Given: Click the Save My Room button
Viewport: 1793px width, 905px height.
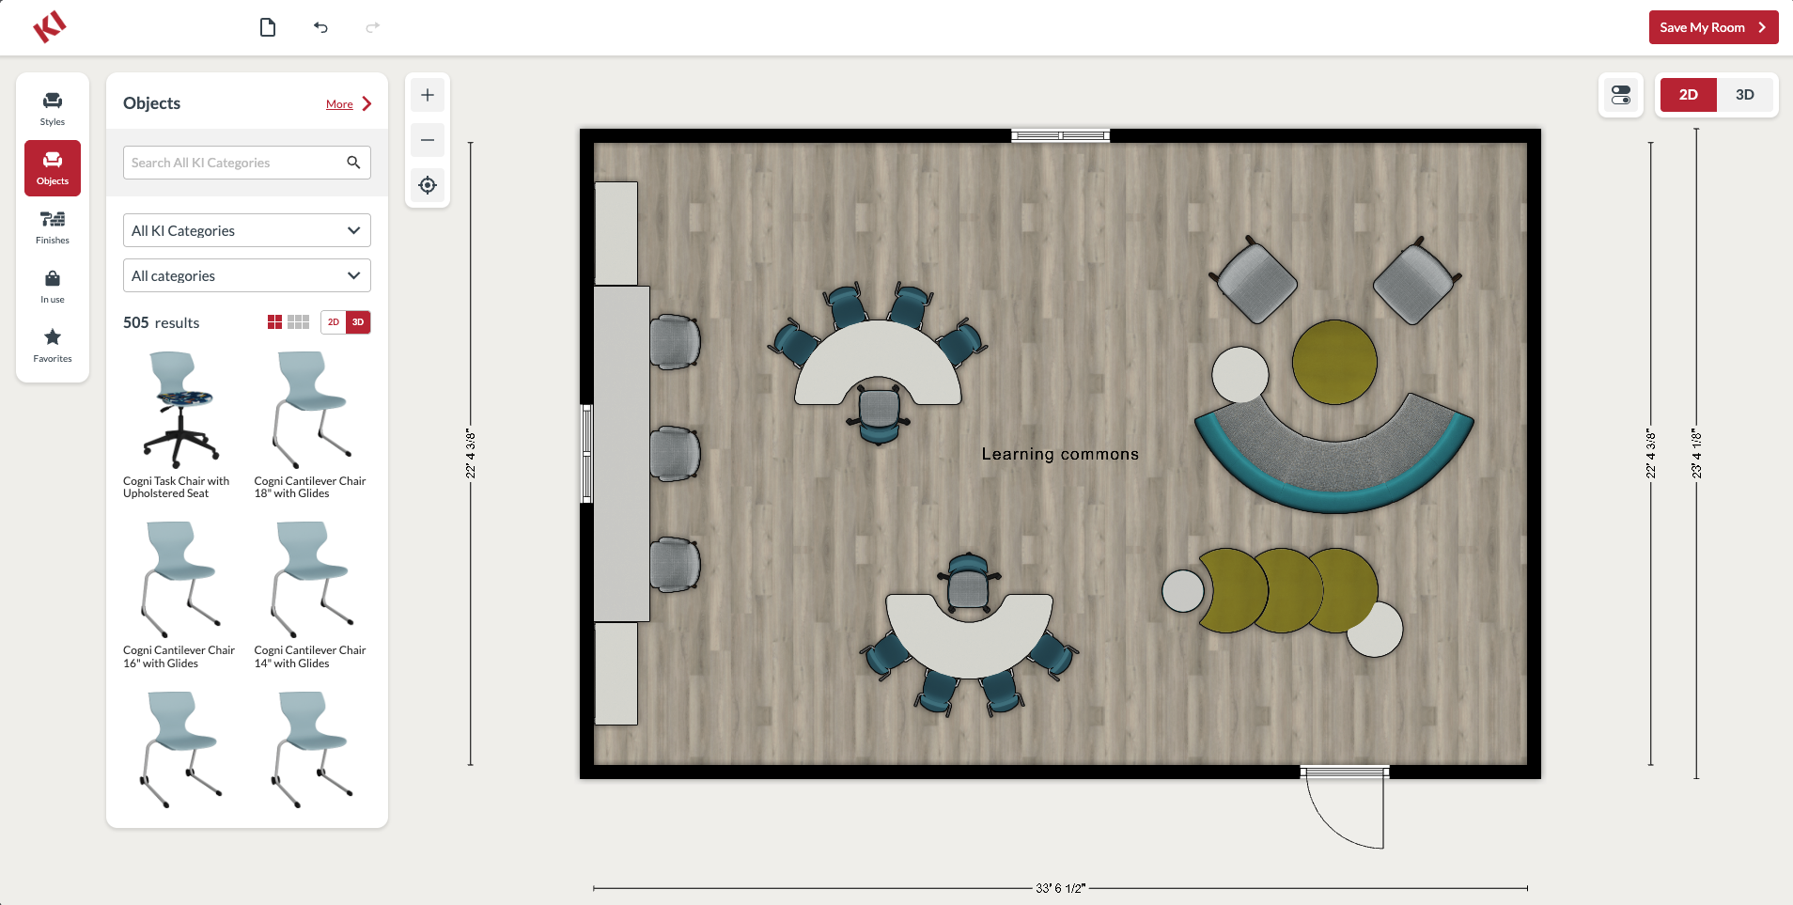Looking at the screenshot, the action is coord(1713,27).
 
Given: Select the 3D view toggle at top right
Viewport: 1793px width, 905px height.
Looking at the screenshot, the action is coord(1744,95).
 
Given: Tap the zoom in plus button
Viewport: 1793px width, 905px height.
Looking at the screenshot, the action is coord(428,95).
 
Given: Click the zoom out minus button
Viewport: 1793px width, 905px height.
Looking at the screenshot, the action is coord(428,140).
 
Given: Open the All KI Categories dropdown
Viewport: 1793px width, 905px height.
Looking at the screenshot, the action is coord(247,230).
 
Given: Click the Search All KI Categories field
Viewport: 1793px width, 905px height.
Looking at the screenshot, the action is coord(247,163).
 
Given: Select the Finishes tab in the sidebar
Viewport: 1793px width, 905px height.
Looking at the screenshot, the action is coord(53,227).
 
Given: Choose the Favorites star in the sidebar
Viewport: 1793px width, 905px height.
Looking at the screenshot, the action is coord(53,345).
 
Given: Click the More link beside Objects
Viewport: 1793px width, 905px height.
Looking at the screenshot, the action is coord(339,104).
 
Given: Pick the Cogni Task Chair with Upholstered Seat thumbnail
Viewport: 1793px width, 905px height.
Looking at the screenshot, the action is coord(179,410).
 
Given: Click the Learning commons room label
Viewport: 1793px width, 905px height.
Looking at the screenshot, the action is coord(1060,454).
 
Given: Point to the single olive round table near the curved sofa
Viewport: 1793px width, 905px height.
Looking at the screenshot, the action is coord(1334,362).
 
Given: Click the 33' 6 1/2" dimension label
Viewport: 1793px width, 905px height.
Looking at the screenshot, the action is coord(1060,888).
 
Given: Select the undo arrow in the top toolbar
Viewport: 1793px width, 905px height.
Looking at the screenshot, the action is coord(320,27).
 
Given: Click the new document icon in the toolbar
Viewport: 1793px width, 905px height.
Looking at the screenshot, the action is coord(268,27).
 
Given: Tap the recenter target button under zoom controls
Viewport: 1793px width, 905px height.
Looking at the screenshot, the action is coord(428,185).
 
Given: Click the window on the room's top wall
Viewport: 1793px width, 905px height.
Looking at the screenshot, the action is coord(1060,135).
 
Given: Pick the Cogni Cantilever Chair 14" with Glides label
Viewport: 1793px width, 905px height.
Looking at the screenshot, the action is coord(310,657).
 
